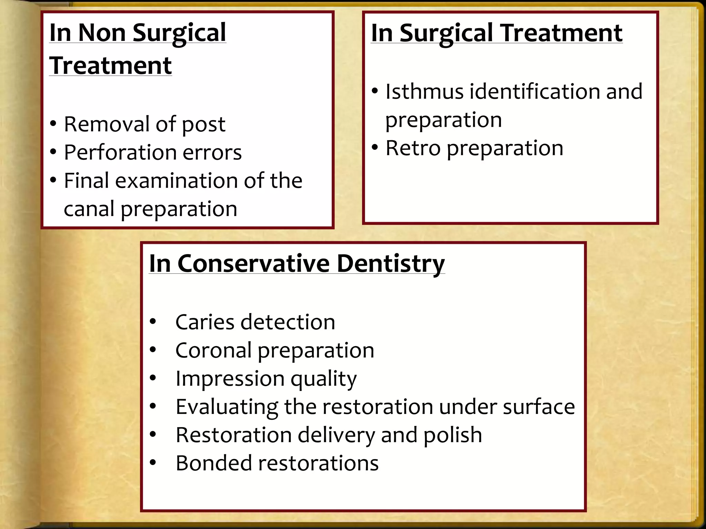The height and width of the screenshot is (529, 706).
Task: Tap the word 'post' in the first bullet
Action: pyautogui.click(x=203, y=125)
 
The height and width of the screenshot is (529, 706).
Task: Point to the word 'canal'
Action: pyautogui.click(x=89, y=209)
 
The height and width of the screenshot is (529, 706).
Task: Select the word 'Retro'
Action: pyautogui.click(x=413, y=148)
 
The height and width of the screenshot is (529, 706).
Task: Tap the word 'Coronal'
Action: pyautogui.click(x=213, y=350)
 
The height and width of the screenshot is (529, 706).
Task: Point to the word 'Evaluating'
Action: pyautogui.click(x=227, y=407)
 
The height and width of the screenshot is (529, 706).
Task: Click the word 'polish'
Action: pyautogui.click(x=453, y=435)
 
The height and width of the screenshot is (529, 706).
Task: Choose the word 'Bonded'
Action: pyautogui.click(x=214, y=463)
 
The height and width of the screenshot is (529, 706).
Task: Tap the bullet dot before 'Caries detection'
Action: pyautogui.click(x=153, y=322)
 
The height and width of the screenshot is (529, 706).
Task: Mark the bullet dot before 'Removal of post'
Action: pyautogui.click(x=53, y=124)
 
